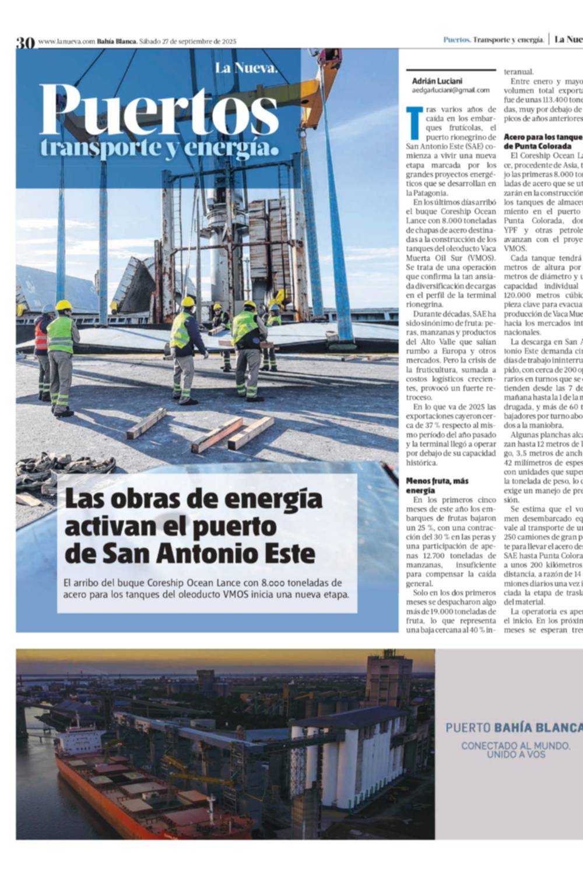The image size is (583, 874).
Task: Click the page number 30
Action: (25, 42)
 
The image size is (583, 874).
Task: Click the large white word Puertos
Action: (159, 110)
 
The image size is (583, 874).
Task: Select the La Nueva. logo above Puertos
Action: (246, 68)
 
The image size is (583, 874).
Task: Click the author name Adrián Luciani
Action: (437, 81)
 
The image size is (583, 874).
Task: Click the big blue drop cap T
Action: (415, 122)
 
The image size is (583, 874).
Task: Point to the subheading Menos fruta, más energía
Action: (437, 485)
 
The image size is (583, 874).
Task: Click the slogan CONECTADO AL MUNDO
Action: (515, 745)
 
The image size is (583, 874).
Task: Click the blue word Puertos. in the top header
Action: (456, 40)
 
